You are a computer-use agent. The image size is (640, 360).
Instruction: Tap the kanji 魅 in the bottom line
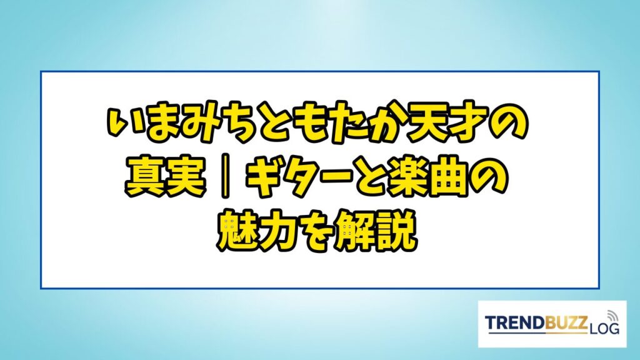237,230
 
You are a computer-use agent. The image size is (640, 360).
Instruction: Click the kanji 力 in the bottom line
278,230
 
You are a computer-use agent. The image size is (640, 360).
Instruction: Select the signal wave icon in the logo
611,315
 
